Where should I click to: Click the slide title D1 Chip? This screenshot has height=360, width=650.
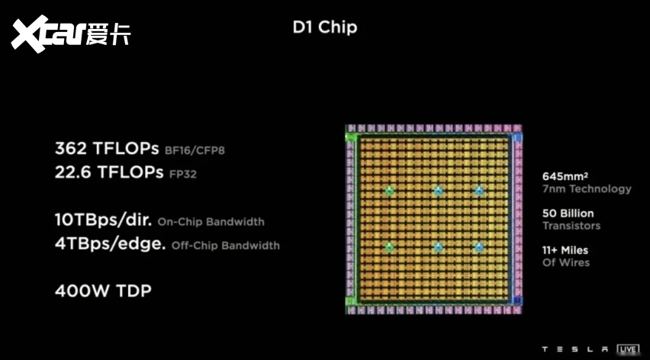[x=324, y=28]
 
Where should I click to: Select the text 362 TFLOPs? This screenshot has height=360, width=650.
[x=108, y=148]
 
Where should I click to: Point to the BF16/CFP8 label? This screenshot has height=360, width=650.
[x=195, y=150]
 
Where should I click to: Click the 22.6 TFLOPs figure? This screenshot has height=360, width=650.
[x=109, y=172]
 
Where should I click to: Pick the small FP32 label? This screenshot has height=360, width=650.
[x=183, y=174]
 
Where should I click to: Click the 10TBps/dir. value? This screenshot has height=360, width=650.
[x=103, y=221]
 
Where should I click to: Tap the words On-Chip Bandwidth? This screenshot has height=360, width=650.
[x=211, y=222]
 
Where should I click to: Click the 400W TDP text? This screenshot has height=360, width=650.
[x=102, y=291]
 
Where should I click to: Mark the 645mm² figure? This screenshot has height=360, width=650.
[x=562, y=175]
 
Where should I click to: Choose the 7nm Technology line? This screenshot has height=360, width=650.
[x=586, y=188]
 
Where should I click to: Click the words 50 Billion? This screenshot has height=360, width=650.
[x=568, y=213]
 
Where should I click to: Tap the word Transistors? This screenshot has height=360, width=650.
[x=571, y=226]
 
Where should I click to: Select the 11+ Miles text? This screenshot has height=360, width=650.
[x=565, y=249]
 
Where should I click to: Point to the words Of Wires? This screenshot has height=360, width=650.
[x=565, y=262]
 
